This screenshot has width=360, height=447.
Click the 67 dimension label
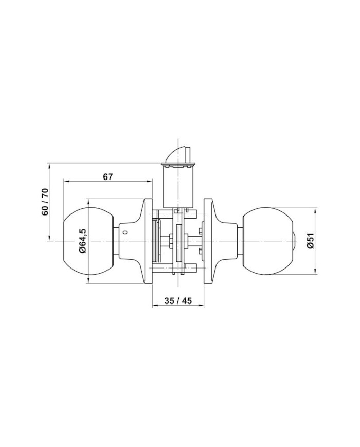(x=108, y=177)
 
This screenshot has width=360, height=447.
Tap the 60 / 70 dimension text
(x=45, y=202)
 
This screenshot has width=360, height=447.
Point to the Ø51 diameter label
(x=311, y=241)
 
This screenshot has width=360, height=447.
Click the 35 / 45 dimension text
(x=178, y=300)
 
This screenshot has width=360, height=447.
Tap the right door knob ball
(x=268, y=241)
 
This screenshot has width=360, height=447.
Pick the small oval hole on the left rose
(x=124, y=233)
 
